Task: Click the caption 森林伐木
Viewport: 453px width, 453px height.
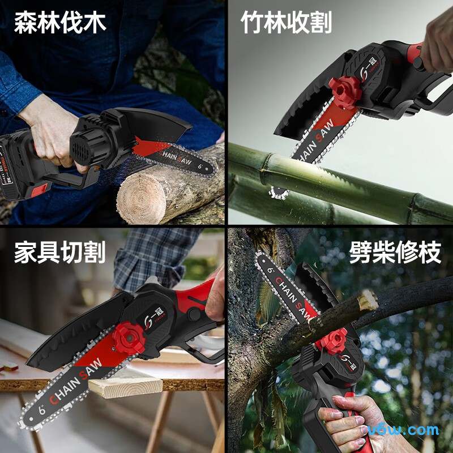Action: (x=60, y=24)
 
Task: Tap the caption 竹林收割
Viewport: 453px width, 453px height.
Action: (x=287, y=24)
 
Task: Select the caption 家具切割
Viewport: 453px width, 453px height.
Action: (x=60, y=253)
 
